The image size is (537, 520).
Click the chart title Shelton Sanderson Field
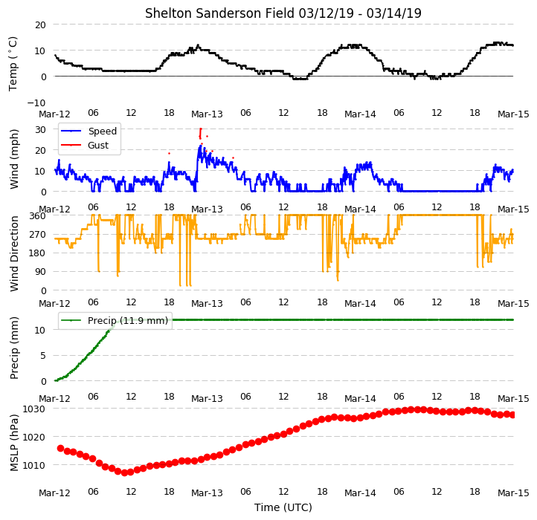tap(219, 13)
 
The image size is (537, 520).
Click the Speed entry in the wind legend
tap(103, 131)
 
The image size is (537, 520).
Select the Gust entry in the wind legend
tap(98, 145)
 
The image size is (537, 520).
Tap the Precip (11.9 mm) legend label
tap(128, 321)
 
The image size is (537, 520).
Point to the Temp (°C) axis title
tap(13, 64)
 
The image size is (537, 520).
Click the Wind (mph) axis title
tap(13, 159)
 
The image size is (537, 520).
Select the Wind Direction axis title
tap(14, 253)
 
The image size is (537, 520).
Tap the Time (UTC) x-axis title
tap(283, 507)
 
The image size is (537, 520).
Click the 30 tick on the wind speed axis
tap(40, 130)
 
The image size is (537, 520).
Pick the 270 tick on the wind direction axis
tap(38, 235)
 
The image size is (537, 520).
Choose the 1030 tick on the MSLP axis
tap(33, 409)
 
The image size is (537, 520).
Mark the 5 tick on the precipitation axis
tap(43, 356)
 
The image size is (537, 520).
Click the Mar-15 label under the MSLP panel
tap(513, 493)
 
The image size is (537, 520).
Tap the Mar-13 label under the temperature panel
tap(207, 114)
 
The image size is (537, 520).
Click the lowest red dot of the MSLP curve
tap(124, 472)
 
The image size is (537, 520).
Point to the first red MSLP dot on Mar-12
tap(61, 448)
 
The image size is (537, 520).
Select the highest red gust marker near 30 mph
tap(201, 129)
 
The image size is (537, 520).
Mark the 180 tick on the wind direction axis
tap(38, 253)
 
